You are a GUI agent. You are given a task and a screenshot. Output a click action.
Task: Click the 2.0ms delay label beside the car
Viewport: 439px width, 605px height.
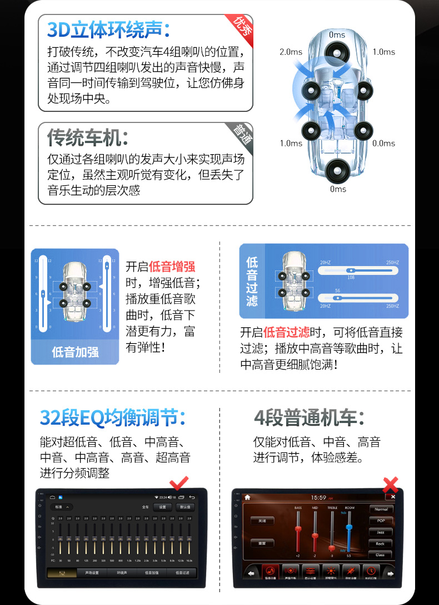tap(291, 52)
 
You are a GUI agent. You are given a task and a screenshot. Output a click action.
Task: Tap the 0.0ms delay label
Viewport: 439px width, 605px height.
tap(383, 143)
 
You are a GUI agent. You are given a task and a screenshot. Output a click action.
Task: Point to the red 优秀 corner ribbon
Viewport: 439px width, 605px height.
tap(241, 24)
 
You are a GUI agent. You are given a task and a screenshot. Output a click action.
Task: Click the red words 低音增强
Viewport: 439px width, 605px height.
tap(172, 266)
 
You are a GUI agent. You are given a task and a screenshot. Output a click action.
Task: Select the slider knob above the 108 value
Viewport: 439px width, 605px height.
tap(351, 270)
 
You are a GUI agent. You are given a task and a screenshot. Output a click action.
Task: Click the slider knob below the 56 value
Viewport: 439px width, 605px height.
tap(336, 297)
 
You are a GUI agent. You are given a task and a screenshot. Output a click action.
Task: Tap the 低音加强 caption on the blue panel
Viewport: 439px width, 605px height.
tap(75, 352)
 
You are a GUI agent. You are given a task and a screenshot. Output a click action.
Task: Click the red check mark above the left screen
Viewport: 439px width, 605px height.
tap(179, 482)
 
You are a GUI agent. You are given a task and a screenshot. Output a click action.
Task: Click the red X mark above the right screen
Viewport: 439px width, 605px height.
tap(391, 483)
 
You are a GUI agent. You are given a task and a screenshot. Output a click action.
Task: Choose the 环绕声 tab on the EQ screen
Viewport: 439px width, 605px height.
tap(123, 572)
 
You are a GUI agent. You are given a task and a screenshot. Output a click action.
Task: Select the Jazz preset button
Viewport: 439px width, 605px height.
tap(381, 532)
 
